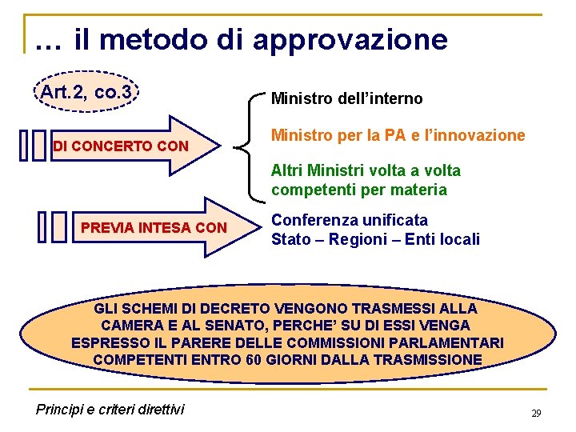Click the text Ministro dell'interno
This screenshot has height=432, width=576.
pyautogui.click(x=347, y=99)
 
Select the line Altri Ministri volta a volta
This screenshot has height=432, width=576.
pyautogui.click(x=366, y=170)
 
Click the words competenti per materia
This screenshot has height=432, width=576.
pyautogui.click(x=359, y=190)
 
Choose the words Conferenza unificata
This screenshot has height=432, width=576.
pyautogui.click(x=350, y=220)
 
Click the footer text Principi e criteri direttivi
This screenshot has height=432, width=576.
pyautogui.click(x=110, y=410)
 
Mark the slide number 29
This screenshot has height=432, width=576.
pyautogui.click(x=536, y=414)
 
